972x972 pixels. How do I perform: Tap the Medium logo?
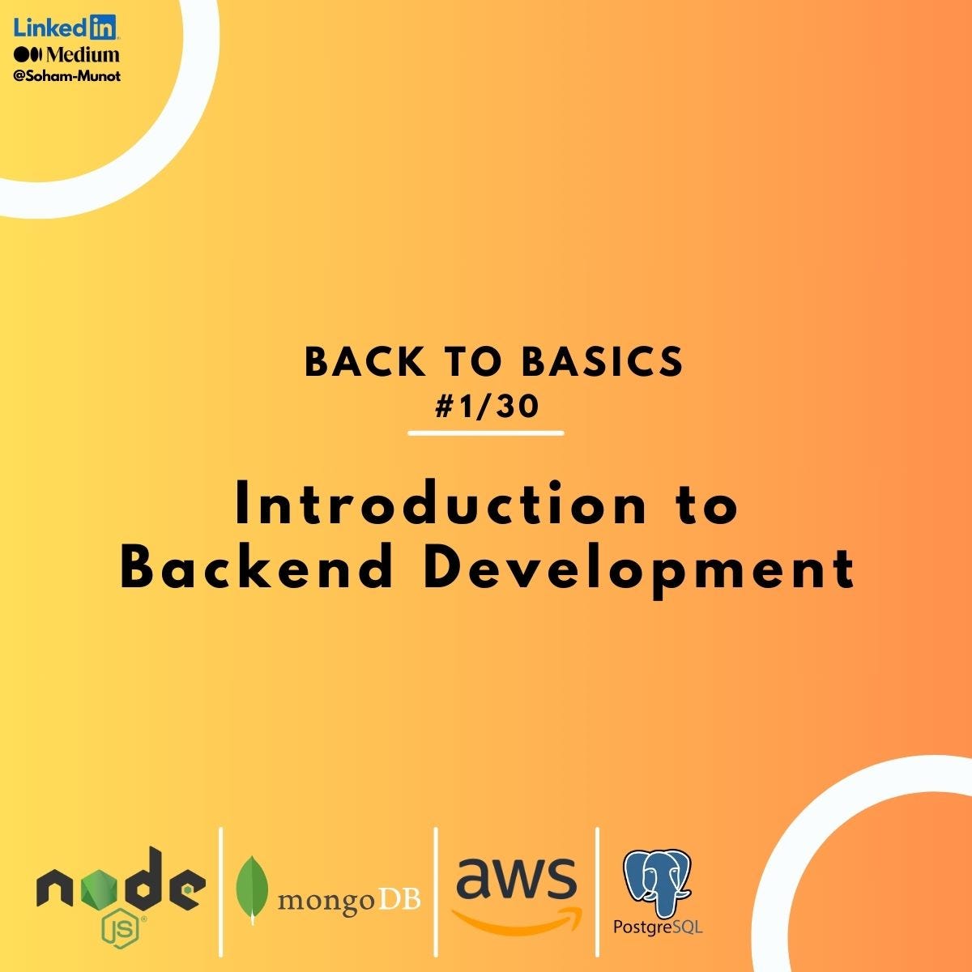66,55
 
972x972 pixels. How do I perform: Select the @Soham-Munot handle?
67,76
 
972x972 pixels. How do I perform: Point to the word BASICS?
603,363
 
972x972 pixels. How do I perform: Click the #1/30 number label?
487,407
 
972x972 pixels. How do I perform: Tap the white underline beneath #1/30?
486,433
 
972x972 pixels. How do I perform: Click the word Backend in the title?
257,568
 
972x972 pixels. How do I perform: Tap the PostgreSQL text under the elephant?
658,926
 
